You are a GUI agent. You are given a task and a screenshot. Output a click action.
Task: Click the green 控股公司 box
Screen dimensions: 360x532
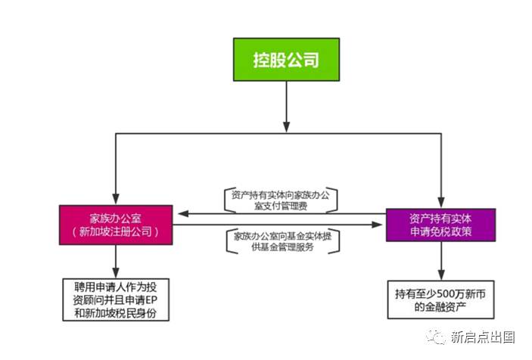coord(285,58)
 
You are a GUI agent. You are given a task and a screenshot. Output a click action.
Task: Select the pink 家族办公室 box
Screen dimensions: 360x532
coord(116,223)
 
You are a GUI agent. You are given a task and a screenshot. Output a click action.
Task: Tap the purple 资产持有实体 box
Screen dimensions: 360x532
coord(440,224)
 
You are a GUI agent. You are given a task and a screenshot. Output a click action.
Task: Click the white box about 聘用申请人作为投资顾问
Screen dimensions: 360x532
coord(116,299)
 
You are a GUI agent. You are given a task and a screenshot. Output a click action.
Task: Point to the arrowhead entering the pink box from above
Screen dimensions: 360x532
coord(116,198)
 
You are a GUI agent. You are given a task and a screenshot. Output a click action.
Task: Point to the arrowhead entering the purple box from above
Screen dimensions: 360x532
coord(440,199)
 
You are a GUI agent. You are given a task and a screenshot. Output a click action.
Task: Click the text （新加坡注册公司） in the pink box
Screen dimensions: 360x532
coord(116,231)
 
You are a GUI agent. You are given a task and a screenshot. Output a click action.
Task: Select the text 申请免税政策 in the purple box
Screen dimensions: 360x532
coord(440,232)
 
